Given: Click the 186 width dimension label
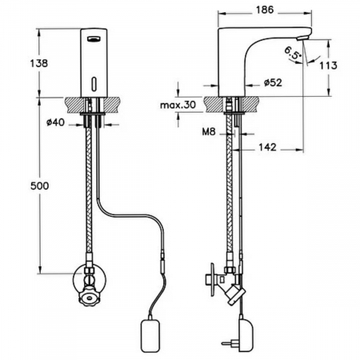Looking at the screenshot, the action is pos(265,10).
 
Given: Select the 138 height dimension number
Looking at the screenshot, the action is pos(39,63).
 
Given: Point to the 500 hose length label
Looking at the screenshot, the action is pos(40,186).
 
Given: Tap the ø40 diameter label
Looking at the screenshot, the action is pos(55,122).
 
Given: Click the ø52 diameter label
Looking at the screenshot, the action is pos(273,82).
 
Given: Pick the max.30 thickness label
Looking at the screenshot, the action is pos(178,105).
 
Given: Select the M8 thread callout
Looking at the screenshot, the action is pos(209,131).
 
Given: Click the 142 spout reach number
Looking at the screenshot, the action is pos(268,147).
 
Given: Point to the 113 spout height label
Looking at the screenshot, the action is pos(329,66).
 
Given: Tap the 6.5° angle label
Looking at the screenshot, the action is pos(293,53).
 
